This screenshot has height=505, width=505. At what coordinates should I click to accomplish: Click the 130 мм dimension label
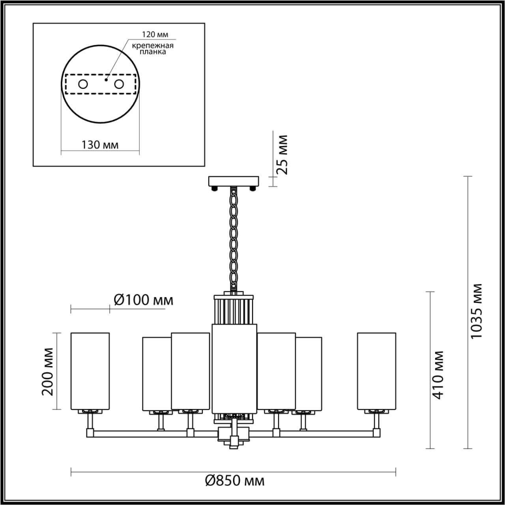pyautogui.click(x=100, y=145)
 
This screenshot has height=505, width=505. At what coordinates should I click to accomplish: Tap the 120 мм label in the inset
pyautogui.click(x=152, y=34)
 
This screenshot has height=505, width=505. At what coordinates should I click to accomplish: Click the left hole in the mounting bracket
pyautogui.click(x=83, y=84)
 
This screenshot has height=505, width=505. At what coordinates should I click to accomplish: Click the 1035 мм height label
pyautogui.click(x=477, y=310)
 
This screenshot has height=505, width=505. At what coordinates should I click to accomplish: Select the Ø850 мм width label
pyautogui.click(x=235, y=481)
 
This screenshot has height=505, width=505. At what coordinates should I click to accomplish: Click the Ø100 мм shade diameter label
pyautogui.click(x=143, y=300)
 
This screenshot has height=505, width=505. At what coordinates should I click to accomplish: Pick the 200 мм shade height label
pyautogui.click(x=48, y=371)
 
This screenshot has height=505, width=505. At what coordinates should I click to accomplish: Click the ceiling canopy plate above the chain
pyautogui.click(x=233, y=181)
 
